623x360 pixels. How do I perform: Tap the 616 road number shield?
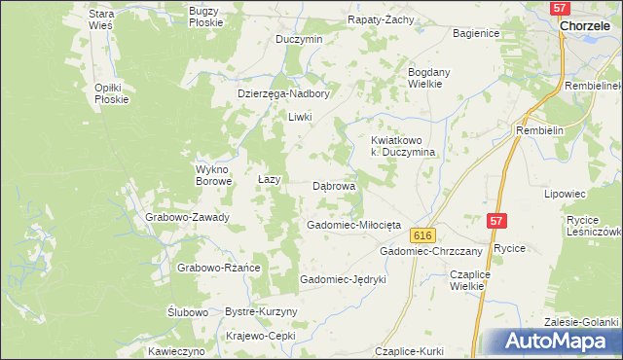click(421, 236)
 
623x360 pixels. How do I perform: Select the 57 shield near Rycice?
click(496, 223)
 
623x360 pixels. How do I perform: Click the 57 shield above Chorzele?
click(559, 8)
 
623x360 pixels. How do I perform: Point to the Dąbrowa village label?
click(334, 185)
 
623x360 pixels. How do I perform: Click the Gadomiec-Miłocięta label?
click(348, 225)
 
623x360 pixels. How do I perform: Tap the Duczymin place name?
click(299, 39)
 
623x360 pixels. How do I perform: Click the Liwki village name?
click(299, 117)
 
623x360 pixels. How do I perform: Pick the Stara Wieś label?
click(101, 19)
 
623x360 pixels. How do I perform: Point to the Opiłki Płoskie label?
click(105, 93)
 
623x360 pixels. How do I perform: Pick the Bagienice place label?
click(477, 33)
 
